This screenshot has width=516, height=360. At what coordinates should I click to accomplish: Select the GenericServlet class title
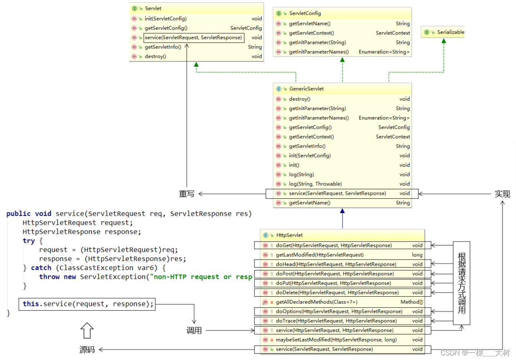coord(306,89)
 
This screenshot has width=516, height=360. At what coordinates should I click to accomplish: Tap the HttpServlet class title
coord(289,235)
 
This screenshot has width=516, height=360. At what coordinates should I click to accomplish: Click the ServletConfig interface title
coord(305,13)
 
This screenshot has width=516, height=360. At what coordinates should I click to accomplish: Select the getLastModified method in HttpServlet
coord(319,255)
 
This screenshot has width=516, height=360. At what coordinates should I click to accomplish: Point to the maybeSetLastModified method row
coord(336,340)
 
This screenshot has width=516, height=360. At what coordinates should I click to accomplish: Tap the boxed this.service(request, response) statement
coord(87,304)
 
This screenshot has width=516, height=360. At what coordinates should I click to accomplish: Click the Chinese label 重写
coord(187,194)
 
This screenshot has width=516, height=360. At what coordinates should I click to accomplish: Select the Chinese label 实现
coord(502,194)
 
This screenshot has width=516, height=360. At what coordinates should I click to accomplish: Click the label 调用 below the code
coord(194,330)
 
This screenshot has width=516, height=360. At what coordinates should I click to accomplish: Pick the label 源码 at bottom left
coord(87,350)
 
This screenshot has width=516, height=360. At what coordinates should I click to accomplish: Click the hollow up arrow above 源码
coord(87,330)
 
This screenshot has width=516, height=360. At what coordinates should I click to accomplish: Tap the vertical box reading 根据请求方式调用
coord(462,283)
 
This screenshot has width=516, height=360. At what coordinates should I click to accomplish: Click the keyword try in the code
coord(29,241)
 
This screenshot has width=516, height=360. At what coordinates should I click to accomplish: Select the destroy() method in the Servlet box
coord(155,56)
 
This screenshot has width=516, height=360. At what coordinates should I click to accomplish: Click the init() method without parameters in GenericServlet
coord(294,165)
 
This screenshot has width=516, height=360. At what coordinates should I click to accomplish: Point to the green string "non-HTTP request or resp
coord(203,277)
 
